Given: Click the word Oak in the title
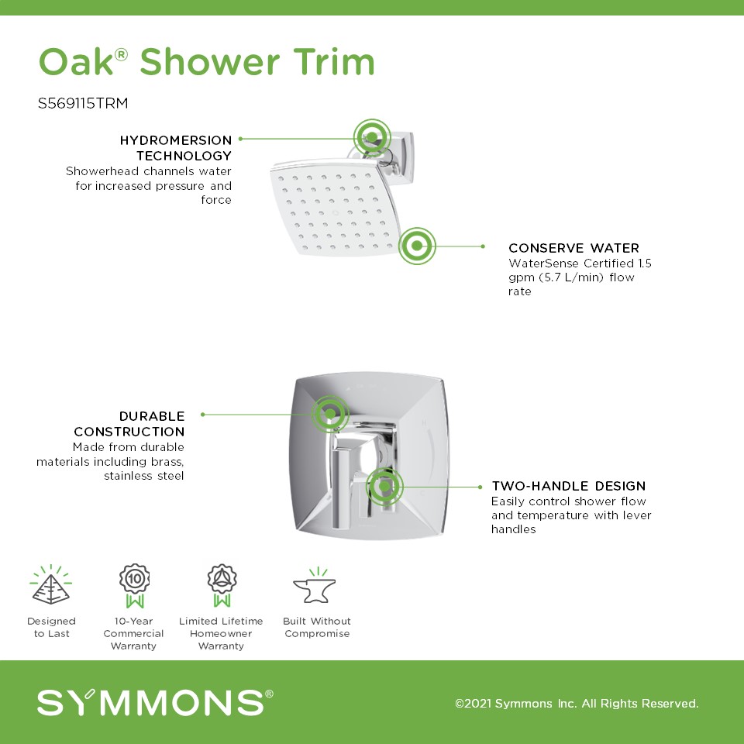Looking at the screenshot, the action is [x=77, y=62].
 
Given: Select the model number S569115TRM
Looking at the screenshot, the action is [x=83, y=103].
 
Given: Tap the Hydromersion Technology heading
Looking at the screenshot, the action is [x=176, y=147].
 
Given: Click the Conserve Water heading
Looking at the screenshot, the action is [x=573, y=248].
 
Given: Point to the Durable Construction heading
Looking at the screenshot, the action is [x=129, y=424].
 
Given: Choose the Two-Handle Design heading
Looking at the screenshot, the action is [x=568, y=486].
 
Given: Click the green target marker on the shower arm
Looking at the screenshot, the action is [x=372, y=137].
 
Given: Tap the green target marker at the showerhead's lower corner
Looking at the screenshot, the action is [x=417, y=246].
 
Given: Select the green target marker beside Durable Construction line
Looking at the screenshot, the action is [x=330, y=414].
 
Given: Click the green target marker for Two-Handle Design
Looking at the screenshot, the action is [x=384, y=487].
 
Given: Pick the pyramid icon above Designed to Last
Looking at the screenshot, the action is [x=51, y=585].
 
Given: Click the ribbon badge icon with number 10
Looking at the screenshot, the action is [x=134, y=586].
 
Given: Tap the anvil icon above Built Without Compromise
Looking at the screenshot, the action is [x=315, y=586].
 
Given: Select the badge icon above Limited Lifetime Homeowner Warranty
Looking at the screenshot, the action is [x=222, y=586].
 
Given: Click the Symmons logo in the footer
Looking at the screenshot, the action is [x=155, y=702].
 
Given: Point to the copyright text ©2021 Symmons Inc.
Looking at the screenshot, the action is [x=577, y=703].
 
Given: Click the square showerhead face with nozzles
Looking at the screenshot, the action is [x=335, y=208].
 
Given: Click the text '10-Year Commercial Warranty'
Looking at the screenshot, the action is [x=133, y=633].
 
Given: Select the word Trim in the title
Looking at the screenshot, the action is [x=334, y=62].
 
